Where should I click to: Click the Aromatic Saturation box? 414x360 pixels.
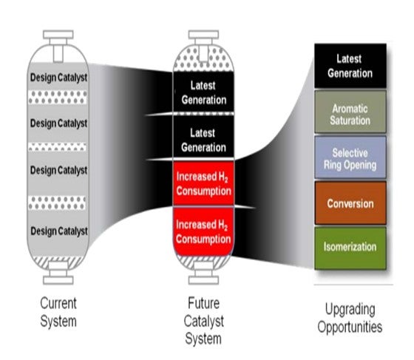[350, 112]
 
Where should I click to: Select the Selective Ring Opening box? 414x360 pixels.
[350, 157]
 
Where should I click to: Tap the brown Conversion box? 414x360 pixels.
[350, 203]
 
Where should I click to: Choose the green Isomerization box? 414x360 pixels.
[350, 248]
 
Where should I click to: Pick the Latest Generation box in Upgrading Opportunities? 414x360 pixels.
[350, 66]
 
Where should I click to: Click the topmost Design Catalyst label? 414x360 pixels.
[58, 78]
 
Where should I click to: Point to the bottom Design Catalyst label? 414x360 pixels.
[59, 231]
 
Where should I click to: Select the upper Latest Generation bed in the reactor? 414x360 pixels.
[203, 92]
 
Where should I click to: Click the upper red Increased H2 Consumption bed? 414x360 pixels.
[203, 183]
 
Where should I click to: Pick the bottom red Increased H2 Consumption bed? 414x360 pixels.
[203, 231]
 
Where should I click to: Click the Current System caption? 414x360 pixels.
[58, 312]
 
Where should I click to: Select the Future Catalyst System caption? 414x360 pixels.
[203, 321]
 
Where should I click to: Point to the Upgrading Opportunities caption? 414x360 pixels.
[350, 318]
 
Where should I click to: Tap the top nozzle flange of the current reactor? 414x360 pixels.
[58, 35]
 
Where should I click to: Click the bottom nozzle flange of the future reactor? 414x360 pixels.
[203, 280]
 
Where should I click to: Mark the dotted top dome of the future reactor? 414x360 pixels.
[203, 59]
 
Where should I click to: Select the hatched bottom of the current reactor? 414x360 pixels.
[58, 262]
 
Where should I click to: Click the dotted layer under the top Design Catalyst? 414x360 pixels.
[58, 97]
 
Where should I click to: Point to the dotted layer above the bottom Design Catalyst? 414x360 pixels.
[57, 203]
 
